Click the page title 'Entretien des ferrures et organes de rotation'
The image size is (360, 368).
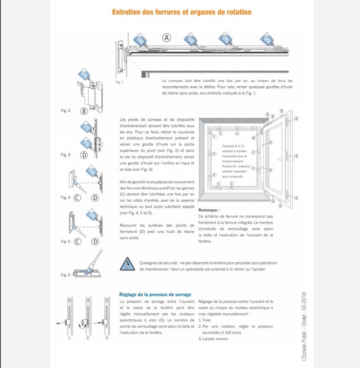[x=182, y=12]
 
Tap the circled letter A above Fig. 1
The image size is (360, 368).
[x=167, y=37]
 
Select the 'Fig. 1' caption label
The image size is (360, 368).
[x=119, y=82]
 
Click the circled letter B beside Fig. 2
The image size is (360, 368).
[x=84, y=111]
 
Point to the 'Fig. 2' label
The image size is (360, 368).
[x=66, y=110]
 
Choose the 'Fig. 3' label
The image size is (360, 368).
[x=66, y=155]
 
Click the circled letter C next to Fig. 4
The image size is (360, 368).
[x=77, y=197]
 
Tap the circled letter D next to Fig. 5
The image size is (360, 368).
[x=95, y=241]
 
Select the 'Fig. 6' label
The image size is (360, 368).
[x=66, y=275]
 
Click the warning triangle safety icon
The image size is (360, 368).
[x=126, y=264]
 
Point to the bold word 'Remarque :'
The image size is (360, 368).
[x=209, y=210]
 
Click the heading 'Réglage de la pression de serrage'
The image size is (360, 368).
[x=155, y=295]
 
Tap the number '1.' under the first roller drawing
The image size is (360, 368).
[x=70, y=337]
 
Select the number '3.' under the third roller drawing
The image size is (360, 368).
[x=107, y=337]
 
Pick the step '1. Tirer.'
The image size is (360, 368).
[x=205, y=320]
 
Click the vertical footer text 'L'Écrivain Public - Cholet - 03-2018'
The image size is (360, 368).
[x=304, y=326]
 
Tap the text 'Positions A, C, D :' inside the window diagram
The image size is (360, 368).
[x=234, y=146]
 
